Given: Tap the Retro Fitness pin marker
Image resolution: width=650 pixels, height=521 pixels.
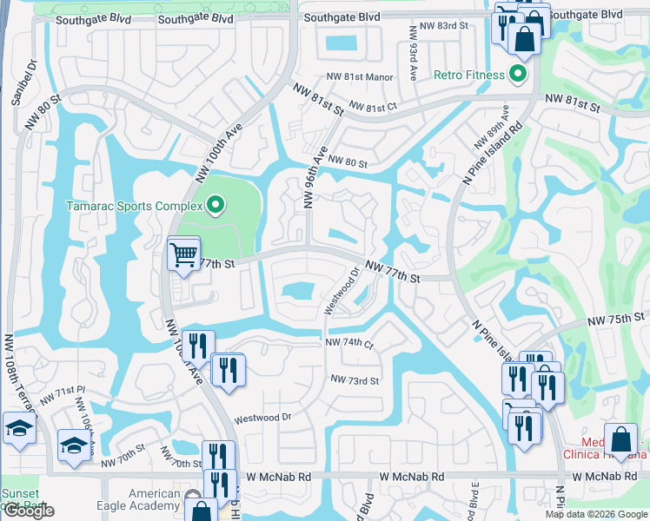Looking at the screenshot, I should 519,74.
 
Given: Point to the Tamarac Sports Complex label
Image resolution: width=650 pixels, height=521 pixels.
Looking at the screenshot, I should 135,207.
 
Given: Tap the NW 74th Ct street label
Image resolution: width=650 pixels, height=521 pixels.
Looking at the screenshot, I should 349,343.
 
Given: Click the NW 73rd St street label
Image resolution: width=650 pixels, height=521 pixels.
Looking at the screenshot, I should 355,380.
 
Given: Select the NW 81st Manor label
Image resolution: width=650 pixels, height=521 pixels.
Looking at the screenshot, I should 361,77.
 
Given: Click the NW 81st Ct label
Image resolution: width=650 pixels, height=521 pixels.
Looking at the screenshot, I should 373,107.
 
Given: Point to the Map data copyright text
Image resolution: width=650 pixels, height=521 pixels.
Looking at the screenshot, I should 595,514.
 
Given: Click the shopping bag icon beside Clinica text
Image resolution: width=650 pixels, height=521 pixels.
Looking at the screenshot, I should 620,438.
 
